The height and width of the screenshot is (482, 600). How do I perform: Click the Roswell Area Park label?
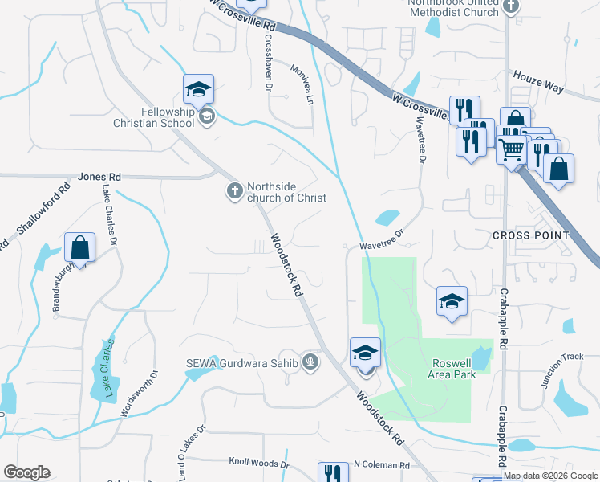[x=454, y=369]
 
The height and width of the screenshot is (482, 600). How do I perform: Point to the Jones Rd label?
[x=99, y=177]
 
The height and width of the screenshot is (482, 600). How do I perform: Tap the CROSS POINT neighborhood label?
[x=530, y=235]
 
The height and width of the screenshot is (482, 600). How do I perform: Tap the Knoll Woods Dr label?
[x=258, y=464]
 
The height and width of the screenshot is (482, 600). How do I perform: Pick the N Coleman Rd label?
[x=381, y=465]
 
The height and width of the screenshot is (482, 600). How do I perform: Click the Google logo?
[x=26, y=472]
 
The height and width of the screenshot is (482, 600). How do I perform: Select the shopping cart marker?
[x=511, y=148]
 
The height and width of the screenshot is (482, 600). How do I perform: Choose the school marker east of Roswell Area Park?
[x=452, y=302]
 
